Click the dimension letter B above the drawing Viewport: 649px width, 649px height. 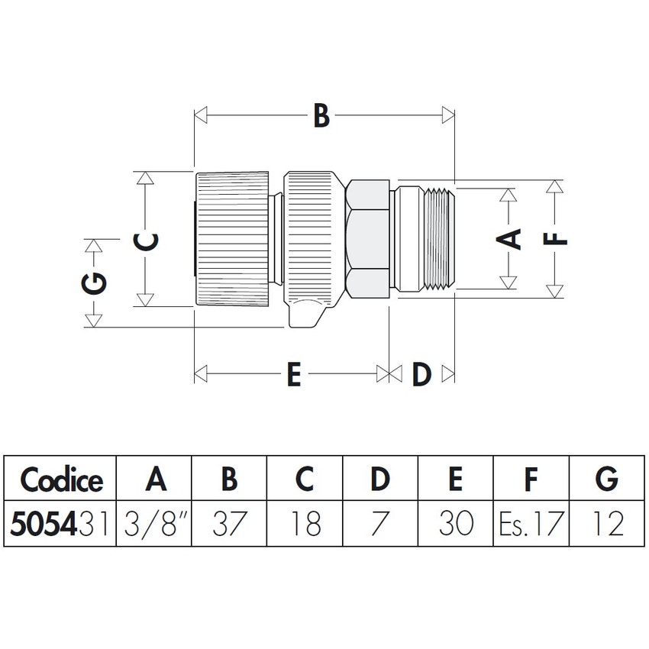pos(321,117)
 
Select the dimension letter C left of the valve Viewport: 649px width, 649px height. pos(146,241)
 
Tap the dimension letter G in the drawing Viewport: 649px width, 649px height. pos(94,284)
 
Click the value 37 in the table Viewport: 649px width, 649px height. pos(228,523)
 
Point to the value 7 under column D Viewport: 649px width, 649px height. pos(379,523)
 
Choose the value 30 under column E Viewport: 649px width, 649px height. pos(455,523)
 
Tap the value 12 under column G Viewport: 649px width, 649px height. pos(606,523)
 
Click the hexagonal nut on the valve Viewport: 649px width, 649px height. pos(367,238)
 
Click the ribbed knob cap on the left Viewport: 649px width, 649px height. pos(233,238)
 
